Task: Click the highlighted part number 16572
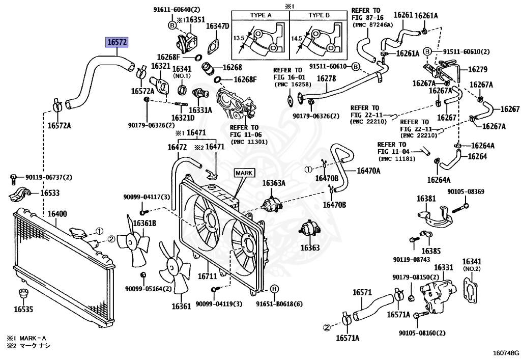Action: pyautogui.click(x=117, y=42)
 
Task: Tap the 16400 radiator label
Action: pyautogui.click(x=57, y=214)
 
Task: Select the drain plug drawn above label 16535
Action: pyautogui.click(x=23, y=294)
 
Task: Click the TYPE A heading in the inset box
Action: pyautogui.click(x=261, y=15)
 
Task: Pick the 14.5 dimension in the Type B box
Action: pyautogui.click(x=297, y=39)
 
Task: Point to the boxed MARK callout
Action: pyautogui.click(x=244, y=173)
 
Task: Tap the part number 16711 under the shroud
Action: pyautogui.click(x=208, y=276)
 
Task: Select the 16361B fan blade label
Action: pyautogui.click(x=144, y=223)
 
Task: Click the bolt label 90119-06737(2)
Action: pyautogui.click(x=49, y=178)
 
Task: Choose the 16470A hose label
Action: pyautogui.click(x=368, y=171)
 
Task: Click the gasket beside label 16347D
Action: pyautogui.click(x=213, y=46)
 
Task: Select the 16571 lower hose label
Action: pyautogui.click(x=362, y=292)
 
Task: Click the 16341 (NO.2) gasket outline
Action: pyautogui.click(x=471, y=292)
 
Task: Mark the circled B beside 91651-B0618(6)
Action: pyautogui.click(x=274, y=289)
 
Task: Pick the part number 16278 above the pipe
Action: pyautogui.click(x=326, y=78)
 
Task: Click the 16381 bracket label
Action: pyautogui.click(x=426, y=199)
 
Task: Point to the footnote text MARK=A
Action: pyautogui.click(x=33, y=339)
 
